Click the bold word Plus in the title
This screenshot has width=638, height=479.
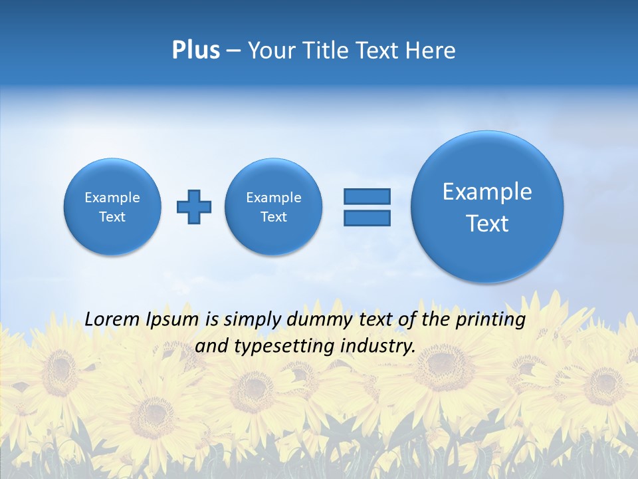(x=195, y=51)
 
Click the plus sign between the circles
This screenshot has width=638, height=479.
(x=194, y=207)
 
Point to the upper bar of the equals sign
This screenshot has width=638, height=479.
(x=367, y=196)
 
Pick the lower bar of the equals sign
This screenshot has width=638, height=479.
(x=367, y=218)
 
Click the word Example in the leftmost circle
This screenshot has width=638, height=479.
(x=112, y=198)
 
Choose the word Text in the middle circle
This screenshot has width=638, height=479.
(x=274, y=217)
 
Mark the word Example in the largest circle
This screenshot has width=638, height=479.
(x=487, y=192)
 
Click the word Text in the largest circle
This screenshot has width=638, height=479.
(x=487, y=224)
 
